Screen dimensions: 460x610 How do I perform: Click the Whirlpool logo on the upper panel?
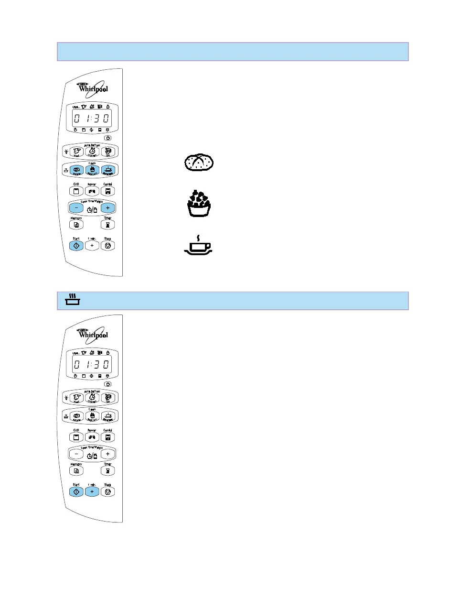coord(94,89)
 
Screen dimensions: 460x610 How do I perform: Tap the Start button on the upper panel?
coord(76,246)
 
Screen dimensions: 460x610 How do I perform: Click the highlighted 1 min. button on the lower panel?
coord(92,492)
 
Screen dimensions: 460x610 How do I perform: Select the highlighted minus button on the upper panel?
coord(76,208)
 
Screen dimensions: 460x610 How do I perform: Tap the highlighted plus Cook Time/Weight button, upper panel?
coord(108,208)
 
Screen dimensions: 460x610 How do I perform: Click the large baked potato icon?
coord(199,163)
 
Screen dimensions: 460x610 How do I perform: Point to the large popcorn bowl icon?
coord(199,204)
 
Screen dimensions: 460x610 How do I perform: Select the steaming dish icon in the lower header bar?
coord(73,300)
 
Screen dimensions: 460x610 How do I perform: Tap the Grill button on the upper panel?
coord(76,191)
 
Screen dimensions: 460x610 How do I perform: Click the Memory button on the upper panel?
coord(76,225)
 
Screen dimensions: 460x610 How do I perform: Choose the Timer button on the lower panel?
coord(108,471)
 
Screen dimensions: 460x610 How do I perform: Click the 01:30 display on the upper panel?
coord(92,119)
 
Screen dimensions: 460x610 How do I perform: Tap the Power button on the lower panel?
coord(92,437)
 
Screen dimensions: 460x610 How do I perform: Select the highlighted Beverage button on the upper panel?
coord(108,170)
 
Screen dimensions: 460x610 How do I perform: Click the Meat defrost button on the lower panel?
coord(76,398)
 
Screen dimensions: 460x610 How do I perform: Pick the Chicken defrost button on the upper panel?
coord(92,152)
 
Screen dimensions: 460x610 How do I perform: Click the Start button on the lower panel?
coord(76,492)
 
